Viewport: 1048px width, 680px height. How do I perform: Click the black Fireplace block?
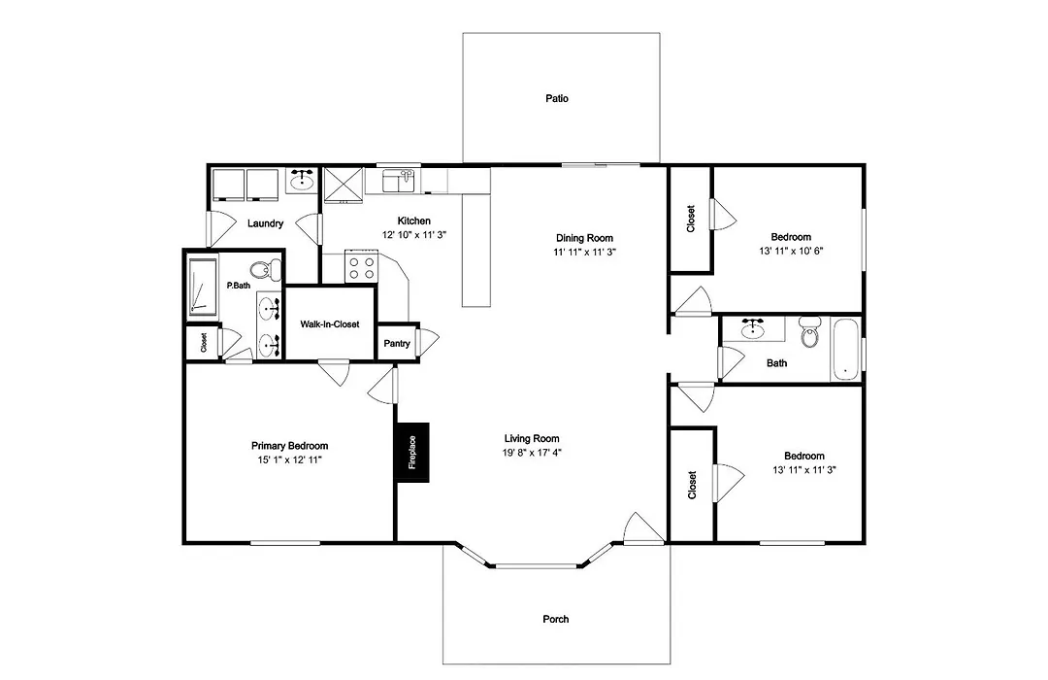(412, 453)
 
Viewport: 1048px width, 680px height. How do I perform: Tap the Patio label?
(557, 98)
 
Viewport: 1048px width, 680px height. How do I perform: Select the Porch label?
(555, 619)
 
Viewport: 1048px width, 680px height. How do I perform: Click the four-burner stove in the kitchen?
(362, 266)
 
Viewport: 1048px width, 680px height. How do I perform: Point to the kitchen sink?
(399, 181)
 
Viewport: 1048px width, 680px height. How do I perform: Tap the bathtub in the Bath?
(845, 350)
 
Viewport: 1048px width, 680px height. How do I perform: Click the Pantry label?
(397, 343)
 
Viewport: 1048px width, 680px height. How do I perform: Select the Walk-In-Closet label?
(330, 323)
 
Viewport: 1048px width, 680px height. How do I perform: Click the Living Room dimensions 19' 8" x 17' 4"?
(532, 453)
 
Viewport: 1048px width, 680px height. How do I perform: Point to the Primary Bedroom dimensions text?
(290, 459)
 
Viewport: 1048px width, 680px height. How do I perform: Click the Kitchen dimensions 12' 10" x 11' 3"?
(413, 235)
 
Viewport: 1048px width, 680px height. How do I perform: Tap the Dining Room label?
(584, 238)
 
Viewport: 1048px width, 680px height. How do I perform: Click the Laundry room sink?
(303, 181)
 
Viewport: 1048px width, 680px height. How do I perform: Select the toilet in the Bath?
(810, 333)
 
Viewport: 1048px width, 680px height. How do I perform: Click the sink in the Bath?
(753, 328)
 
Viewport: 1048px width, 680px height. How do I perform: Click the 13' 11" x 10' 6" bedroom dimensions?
(791, 251)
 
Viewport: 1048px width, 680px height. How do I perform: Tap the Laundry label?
(265, 223)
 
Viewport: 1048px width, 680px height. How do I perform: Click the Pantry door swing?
(429, 342)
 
